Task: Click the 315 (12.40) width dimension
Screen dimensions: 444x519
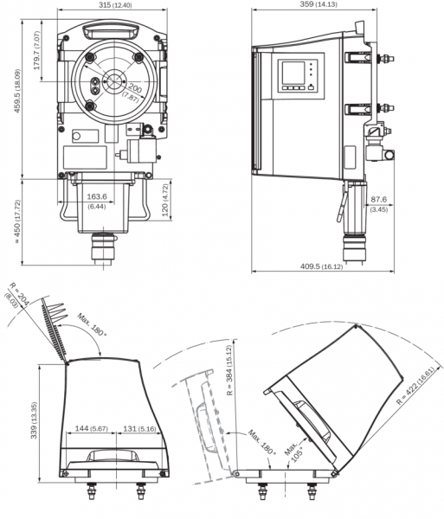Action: tap(115, 5)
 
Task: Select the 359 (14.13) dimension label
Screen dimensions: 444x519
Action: tap(319, 4)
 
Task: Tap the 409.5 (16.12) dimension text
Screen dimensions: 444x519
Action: tap(321, 266)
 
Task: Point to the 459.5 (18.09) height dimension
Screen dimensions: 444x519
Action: tap(17, 91)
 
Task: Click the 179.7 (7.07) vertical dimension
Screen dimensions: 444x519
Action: tap(36, 50)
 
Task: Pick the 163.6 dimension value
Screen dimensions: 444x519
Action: tap(97, 196)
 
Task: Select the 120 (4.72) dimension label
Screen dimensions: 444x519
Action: tap(165, 200)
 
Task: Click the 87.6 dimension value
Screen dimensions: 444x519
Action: tap(379, 199)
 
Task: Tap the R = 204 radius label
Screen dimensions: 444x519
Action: tap(20, 293)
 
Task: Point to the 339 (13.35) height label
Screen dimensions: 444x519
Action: tap(34, 420)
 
